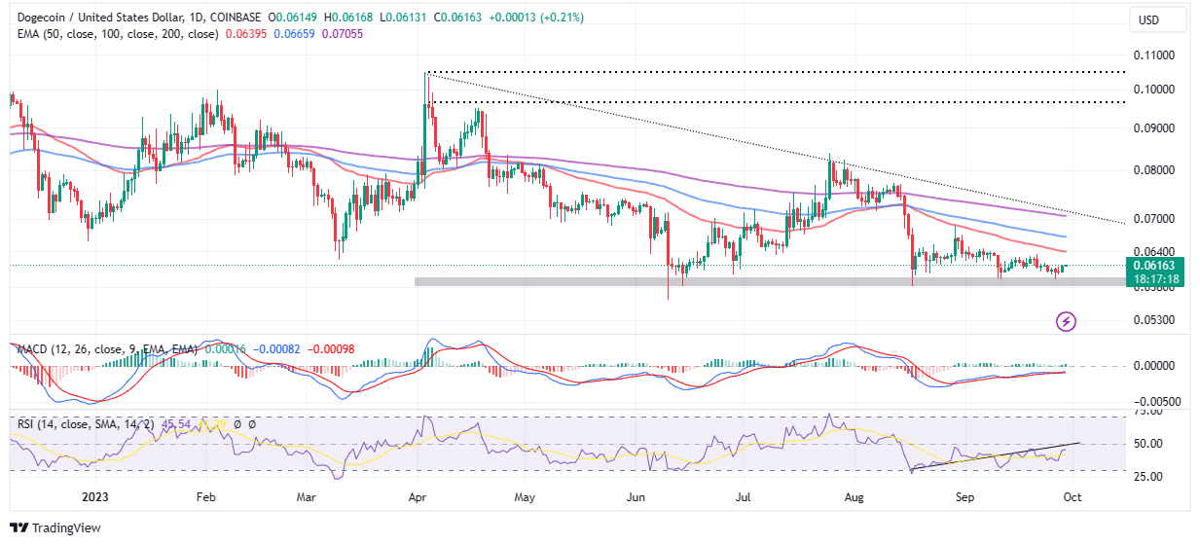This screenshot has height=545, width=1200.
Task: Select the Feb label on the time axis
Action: (205, 495)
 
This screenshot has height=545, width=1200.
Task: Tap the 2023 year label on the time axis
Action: (94, 495)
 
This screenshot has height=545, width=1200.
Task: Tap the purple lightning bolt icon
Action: (1067, 321)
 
